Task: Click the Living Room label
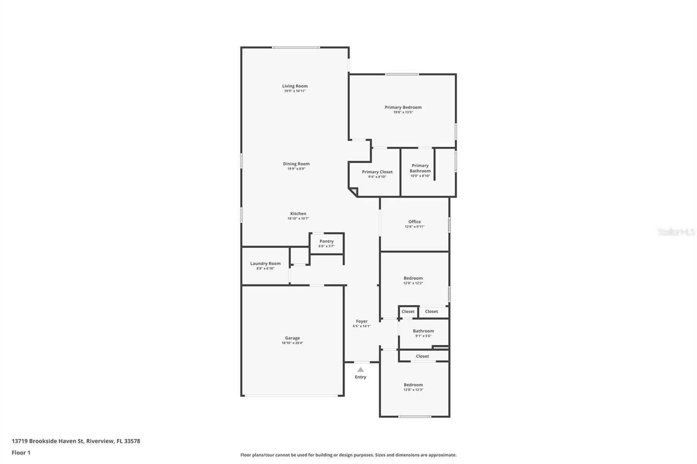[294, 86]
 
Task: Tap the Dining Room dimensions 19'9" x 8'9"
[296, 169]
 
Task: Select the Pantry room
[326, 243]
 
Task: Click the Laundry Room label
[265, 263]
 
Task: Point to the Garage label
[292, 338]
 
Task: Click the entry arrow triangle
[360, 370]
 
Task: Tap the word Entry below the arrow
[360, 377]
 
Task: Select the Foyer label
[362, 321]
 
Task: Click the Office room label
[414, 222]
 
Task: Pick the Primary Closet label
[377, 172]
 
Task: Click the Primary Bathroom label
[420, 168]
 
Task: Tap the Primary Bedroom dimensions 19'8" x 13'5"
[403, 112]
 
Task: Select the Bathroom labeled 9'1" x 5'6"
[423, 333]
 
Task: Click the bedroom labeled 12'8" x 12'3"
[413, 387]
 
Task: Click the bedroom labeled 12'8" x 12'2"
[413, 280]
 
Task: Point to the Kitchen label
[298, 214]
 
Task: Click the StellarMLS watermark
[676, 232]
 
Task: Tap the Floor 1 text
[21, 453]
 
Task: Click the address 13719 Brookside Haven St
[47, 441]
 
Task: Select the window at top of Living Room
[296, 47]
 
